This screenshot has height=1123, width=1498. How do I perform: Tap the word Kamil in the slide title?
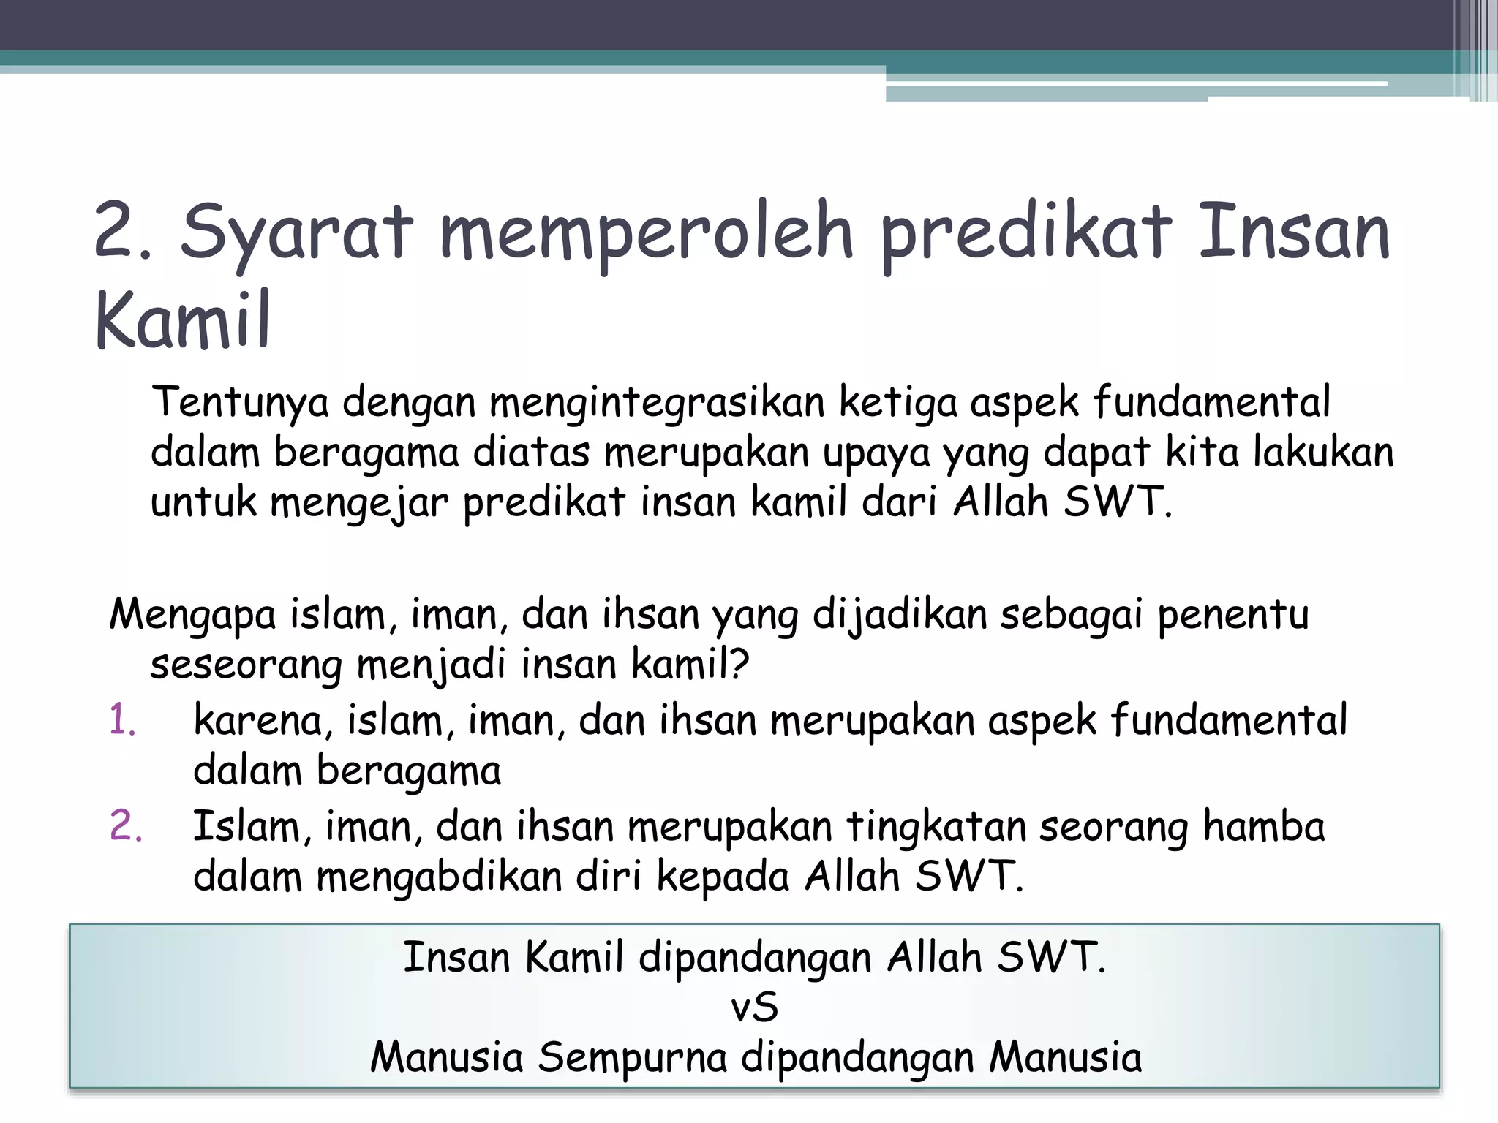tap(183, 321)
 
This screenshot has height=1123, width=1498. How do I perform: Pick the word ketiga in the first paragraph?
tap(897, 403)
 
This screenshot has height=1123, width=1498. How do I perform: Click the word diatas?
tap(531, 453)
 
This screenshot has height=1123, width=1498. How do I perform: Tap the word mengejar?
tap(359, 503)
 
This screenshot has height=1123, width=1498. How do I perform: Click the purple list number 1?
tap(123, 720)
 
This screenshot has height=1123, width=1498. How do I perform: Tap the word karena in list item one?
tap(258, 720)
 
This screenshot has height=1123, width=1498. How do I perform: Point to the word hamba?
tap(1264, 827)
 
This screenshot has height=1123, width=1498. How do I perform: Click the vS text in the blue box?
tap(754, 1007)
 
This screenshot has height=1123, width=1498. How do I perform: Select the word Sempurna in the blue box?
tap(632, 1058)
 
